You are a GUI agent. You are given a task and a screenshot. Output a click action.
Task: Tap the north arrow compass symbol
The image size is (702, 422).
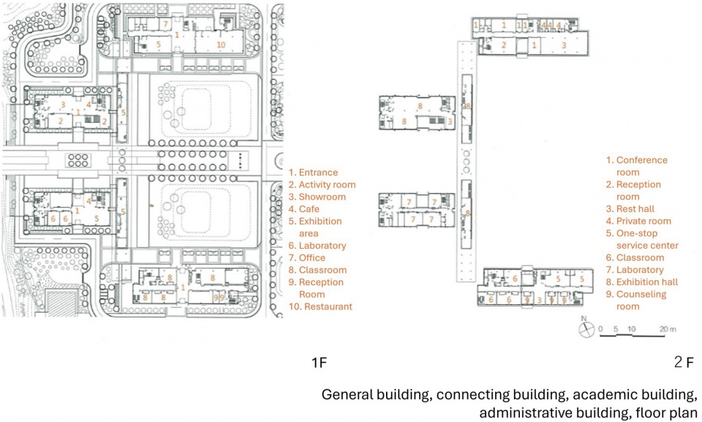point(586,330)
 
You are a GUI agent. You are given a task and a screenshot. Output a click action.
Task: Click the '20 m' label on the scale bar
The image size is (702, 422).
point(668,329)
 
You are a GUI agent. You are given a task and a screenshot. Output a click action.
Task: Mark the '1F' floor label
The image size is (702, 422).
point(320,363)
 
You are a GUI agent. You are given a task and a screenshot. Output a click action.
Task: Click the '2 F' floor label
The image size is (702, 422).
point(684,362)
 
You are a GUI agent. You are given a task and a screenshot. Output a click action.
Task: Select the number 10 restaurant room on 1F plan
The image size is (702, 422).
point(221,45)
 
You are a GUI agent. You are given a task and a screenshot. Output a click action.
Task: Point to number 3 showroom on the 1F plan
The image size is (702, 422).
point(63,105)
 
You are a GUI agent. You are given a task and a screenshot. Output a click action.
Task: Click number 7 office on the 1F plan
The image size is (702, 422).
point(165,23)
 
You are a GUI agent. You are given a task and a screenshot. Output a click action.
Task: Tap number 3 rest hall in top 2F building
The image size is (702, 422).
point(564,45)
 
